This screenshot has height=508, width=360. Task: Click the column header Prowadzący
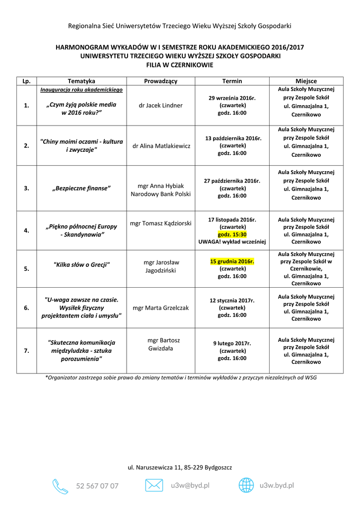coord(160,81)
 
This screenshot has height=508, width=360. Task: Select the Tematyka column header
coord(81,81)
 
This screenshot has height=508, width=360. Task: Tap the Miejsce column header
coord(306,81)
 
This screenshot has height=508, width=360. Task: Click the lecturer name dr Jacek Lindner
coord(160,106)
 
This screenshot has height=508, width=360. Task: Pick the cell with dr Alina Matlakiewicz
coord(160,146)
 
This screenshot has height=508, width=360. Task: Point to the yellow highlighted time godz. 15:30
coord(232,234)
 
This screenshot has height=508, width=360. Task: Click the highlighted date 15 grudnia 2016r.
coord(232,261)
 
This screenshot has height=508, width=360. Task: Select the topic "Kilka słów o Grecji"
coord(81,264)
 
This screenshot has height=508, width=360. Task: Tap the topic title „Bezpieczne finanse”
coord(81,188)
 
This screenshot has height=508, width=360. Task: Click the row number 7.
coord(26,351)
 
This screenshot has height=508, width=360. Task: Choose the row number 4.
coord(26,230)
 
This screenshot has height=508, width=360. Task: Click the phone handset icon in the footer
coord(60,486)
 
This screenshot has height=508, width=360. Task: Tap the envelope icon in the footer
coord(154,485)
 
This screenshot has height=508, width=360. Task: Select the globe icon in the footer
coord(246,485)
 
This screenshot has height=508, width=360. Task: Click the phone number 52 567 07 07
coord(97,486)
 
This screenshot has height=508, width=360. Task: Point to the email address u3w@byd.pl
coord(190,486)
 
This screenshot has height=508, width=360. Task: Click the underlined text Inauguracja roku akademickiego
coord(81,90)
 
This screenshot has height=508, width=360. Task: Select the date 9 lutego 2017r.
coord(232,343)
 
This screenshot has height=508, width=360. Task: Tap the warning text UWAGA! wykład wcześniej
coord(232,242)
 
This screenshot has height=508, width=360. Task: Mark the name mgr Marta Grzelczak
coord(160,308)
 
